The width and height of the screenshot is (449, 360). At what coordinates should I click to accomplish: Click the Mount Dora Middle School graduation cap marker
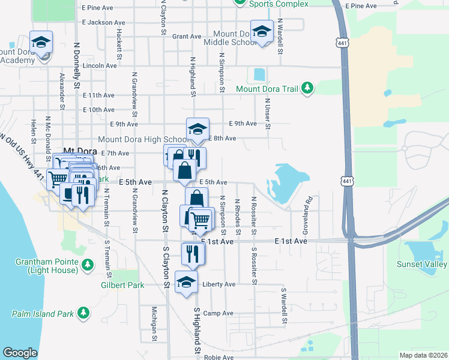262,32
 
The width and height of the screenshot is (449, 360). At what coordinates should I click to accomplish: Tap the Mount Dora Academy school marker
41,42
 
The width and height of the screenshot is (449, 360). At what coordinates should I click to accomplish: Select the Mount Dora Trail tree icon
307,89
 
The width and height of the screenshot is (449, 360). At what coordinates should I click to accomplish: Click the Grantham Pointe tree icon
88,264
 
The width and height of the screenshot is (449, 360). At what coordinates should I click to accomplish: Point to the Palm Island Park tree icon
86,313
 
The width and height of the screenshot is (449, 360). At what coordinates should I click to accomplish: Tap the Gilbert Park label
122,286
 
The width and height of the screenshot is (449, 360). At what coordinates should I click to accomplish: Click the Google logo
20,353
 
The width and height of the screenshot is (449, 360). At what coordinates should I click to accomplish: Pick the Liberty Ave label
218,284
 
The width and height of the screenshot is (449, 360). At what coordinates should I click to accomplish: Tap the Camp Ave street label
218,313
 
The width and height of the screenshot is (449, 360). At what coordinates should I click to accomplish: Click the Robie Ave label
218,357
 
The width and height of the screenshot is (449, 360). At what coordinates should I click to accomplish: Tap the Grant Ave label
187,37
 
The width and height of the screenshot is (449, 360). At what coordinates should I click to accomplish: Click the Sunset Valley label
421,264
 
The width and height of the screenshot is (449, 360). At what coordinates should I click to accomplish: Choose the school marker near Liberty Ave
186,281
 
